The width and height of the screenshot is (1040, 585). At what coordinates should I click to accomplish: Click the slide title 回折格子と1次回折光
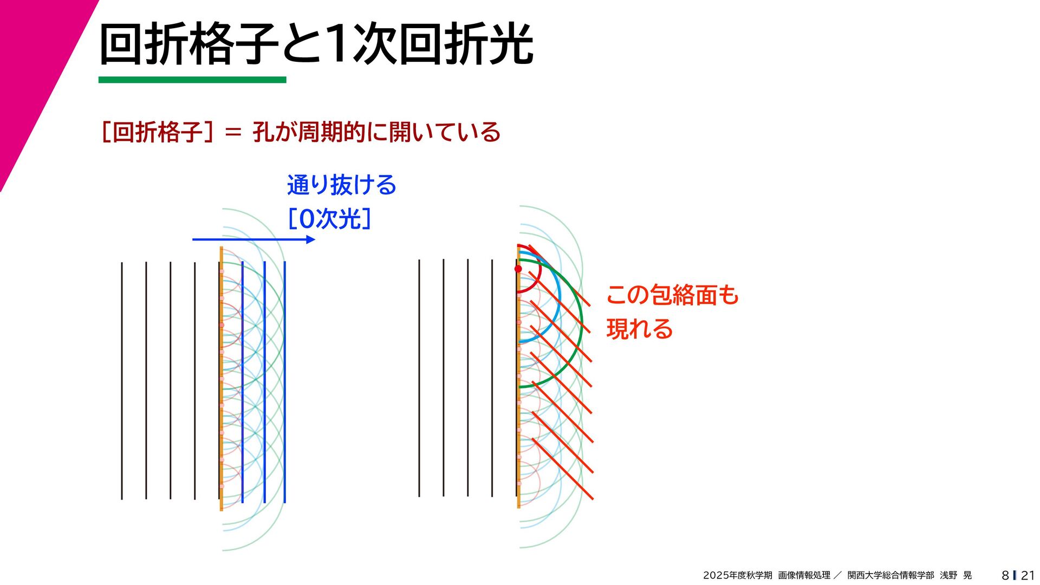pos(316,44)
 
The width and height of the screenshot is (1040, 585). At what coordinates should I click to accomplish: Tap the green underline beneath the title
pos(192,80)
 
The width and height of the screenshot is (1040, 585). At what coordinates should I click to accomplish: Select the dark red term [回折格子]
pos(157,132)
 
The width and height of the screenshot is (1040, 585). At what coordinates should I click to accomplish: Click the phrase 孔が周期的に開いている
pos(376,132)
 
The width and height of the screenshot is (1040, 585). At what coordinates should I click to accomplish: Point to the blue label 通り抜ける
pos(341,185)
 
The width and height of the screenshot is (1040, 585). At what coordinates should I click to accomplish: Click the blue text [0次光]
pos(329,219)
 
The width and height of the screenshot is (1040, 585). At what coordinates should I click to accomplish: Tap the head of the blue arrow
pos(311,239)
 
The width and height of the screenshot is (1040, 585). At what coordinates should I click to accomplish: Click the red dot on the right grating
pos(518,269)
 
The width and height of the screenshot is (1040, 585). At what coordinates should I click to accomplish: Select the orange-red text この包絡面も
pos(672,295)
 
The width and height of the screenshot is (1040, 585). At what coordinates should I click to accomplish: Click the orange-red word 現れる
pos(639,329)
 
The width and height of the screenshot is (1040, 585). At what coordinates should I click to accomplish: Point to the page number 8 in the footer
pos(1005,575)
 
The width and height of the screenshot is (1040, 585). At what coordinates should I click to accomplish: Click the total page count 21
pos(1028,575)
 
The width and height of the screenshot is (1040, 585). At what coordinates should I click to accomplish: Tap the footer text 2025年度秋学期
pos(737,575)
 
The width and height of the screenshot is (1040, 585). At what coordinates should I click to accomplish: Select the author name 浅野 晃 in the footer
pos(955,575)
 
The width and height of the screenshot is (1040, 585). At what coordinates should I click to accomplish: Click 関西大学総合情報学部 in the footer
pos(890,575)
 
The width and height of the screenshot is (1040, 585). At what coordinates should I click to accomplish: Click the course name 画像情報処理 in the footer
pos(804,575)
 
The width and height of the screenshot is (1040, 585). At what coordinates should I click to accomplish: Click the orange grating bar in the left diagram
pos(221,379)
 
